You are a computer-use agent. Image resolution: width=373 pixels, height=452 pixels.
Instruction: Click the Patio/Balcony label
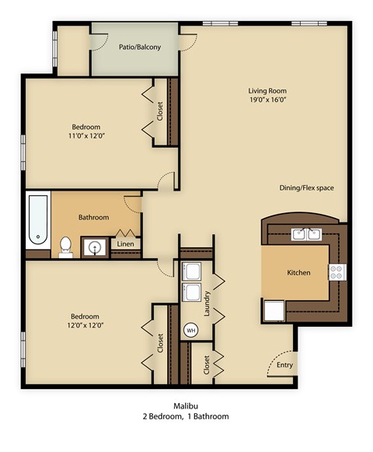pyautogui.click(x=140, y=47)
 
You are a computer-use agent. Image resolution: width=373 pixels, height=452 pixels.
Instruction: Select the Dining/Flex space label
pyautogui.click(x=307, y=188)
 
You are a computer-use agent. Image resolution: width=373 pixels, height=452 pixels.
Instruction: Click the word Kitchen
pyautogui.click(x=299, y=273)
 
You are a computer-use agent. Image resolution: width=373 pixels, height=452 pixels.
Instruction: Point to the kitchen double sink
pyautogui.click(x=307, y=233)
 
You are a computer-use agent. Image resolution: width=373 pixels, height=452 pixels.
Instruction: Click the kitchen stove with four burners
pyautogui.click(x=338, y=272)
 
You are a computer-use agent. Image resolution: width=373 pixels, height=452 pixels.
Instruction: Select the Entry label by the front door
pyautogui.click(x=285, y=365)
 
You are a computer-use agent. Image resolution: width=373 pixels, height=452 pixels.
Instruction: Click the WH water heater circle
pyautogui.click(x=190, y=330)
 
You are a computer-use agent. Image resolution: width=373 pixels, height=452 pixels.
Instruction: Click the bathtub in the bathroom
pyautogui.click(x=37, y=221)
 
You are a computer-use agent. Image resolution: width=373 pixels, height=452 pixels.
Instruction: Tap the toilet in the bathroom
pyautogui.click(x=67, y=247)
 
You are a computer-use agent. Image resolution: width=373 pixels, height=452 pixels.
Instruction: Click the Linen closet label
pyautogui.click(x=125, y=244)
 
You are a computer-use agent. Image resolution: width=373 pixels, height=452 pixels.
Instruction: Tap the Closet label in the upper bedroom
pyautogui.click(x=160, y=114)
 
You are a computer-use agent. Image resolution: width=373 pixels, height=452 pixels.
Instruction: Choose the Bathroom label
pyautogui.click(x=93, y=217)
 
